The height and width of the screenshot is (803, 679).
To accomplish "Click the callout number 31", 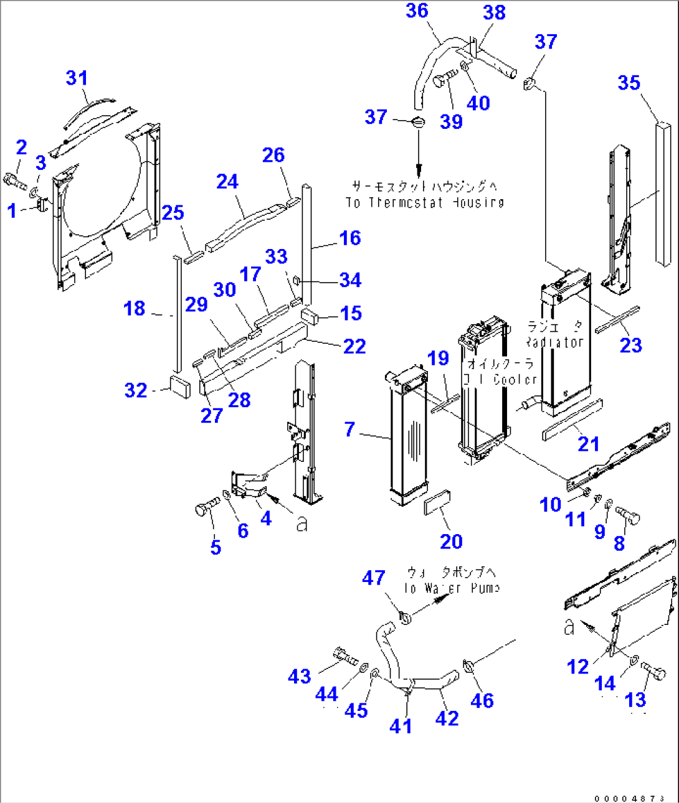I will (x=77, y=78).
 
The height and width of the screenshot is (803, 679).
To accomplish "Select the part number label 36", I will (x=417, y=11).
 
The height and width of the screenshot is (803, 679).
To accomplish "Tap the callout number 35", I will (x=629, y=82).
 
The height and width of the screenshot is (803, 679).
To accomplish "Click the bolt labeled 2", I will (x=15, y=181).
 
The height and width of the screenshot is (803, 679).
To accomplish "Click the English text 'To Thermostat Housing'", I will (x=425, y=202).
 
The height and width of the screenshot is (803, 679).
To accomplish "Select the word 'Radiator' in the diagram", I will (x=554, y=342).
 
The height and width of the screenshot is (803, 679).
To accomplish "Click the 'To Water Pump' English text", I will (x=452, y=588).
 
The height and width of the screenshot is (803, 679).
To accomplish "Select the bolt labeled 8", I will (x=628, y=515).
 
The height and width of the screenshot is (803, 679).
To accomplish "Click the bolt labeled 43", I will (x=344, y=655).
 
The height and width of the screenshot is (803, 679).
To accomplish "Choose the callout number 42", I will (x=447, y=718).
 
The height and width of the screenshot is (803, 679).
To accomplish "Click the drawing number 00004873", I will (x=629, y=798).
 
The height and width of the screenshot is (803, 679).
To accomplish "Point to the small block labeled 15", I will (x=310, y=316).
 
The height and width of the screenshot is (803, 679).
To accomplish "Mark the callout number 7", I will (x=349, y=429).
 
